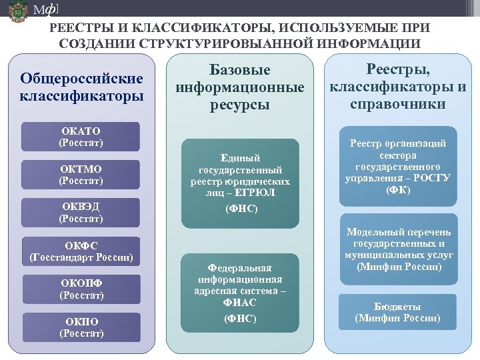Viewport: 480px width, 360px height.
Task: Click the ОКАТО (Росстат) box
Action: [x=81, y=136]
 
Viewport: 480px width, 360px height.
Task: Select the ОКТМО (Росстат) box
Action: [x=81, y=175]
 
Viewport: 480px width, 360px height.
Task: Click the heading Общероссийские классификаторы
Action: [x=81, y=87]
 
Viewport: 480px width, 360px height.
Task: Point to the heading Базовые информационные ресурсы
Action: [x=240, y=87]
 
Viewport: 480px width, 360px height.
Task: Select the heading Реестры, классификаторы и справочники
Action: [x=399, y=87]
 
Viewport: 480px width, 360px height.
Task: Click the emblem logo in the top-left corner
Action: [x=17, y=12]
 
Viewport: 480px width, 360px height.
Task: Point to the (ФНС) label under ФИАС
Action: [x=241, y=319]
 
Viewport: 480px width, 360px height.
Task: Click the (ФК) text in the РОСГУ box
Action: [x=398, y=190]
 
